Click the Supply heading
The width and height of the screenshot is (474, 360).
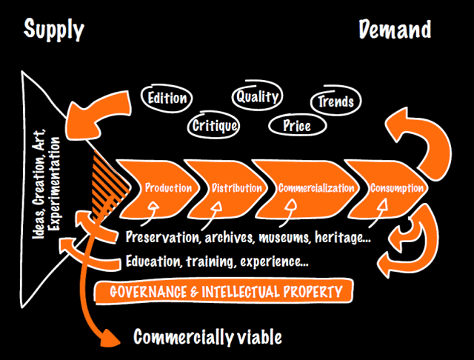point(54,29)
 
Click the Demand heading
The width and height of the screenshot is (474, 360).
point(395,29)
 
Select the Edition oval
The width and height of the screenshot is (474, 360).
point(167,98)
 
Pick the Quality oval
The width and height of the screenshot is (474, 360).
point(257,96)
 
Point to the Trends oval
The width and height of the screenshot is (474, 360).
point(336,101)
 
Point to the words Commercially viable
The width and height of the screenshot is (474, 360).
point(207,338)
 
